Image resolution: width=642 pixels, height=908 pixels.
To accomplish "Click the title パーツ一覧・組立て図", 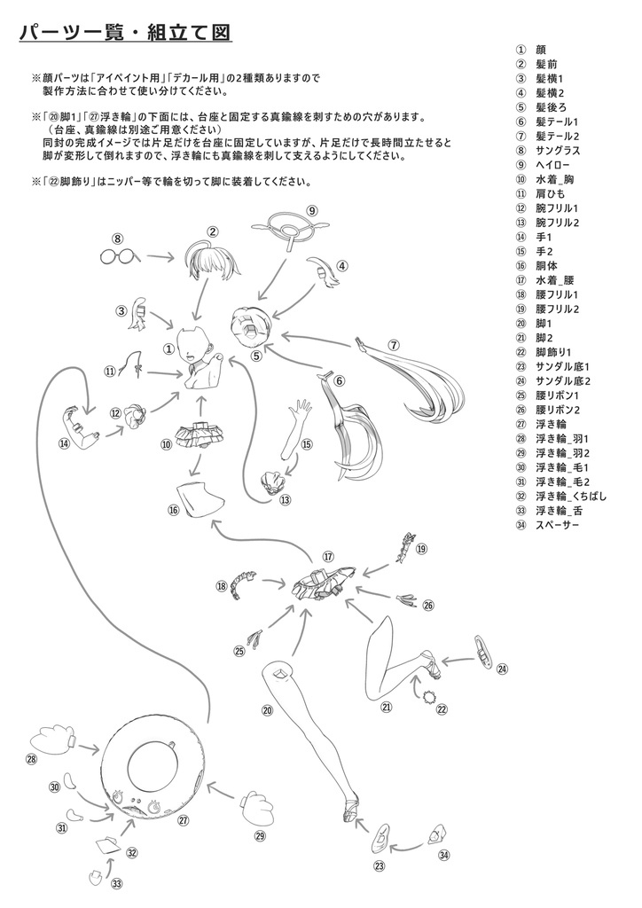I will point(125,33).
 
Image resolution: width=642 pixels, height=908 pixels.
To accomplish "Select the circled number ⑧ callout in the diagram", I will point(117,238).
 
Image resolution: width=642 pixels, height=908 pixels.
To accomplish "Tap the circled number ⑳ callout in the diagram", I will point(266,709).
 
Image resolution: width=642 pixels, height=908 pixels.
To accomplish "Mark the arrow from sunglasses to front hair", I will point(160,257).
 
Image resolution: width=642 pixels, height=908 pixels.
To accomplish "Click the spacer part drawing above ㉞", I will point(436,834).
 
